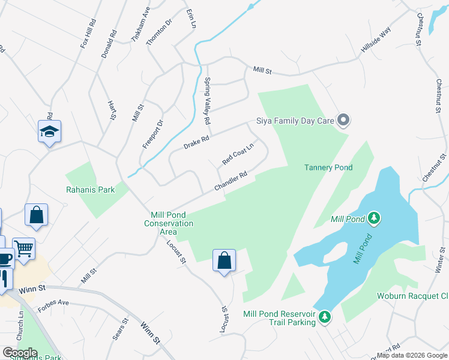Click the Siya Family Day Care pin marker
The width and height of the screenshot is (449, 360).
[x=343, y=121]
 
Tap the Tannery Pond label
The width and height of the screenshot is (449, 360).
[x=328, y=167]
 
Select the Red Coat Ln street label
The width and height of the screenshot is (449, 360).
[x=238, y=153]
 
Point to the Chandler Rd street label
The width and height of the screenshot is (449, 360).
[x=231, y=182]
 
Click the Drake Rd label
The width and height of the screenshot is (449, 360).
[x=196, y=142]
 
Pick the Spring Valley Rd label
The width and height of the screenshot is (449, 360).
[x=208, y=101]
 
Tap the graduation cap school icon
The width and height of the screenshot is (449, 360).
[x=49, y=131]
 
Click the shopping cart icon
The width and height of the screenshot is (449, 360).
[x=23, y=248]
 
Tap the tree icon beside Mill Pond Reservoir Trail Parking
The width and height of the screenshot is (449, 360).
[x=325, y=316]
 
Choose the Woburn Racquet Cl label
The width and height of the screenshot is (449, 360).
[x=412, y=296]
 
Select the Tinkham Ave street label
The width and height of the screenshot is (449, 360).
[x=141, y=24]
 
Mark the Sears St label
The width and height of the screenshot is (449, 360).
[x=121, y=329]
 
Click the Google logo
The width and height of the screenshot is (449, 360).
[x=20, y=353]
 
